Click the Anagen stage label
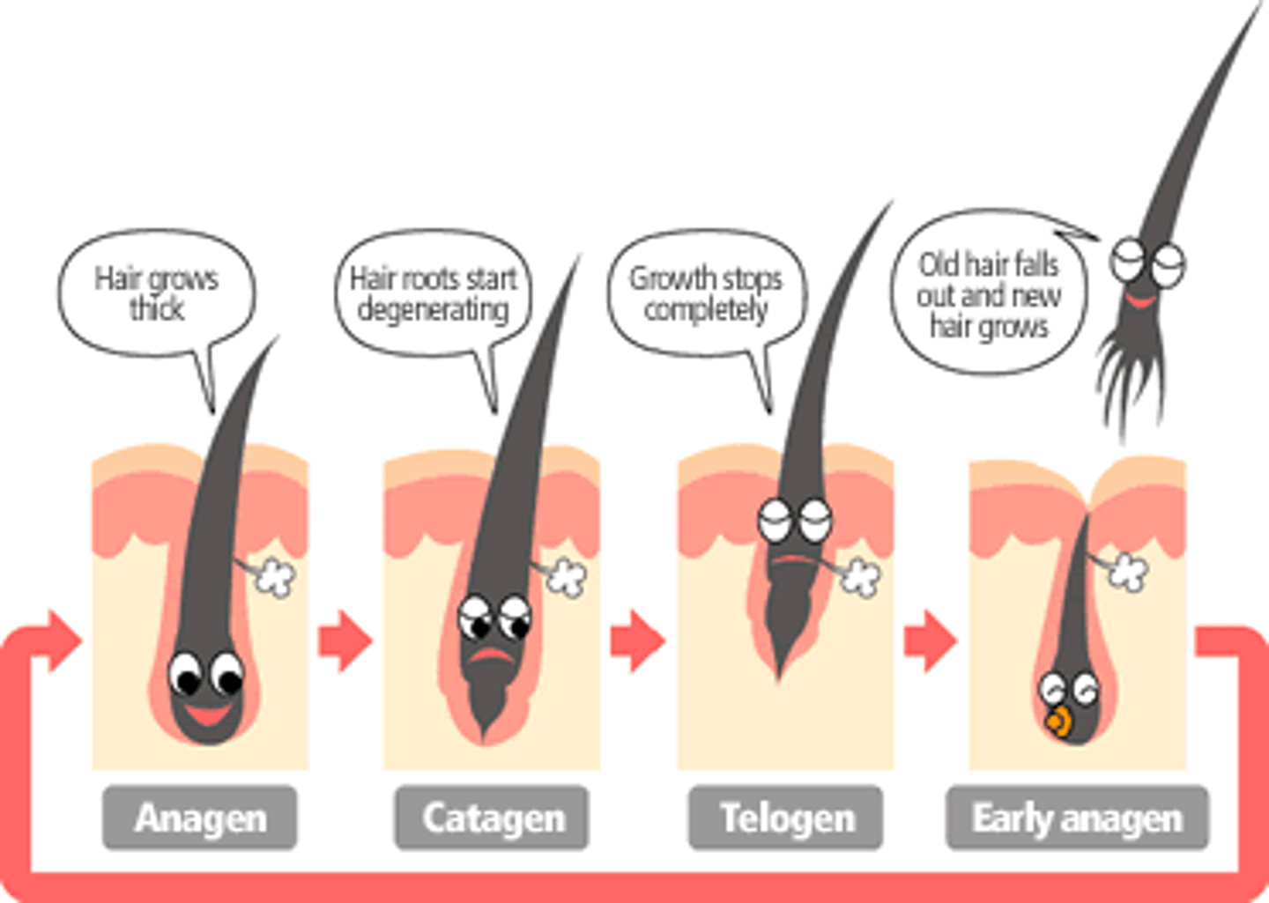click(x=200, y=818)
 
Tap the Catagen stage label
click(x=492, y=818)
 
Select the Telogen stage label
click(x=785, y=818)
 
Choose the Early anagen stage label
click(x=1077, y=818)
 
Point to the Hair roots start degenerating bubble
click(x=433, y=293)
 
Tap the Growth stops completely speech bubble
click(x=706, y=293)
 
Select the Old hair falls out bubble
click(x=988, y=293)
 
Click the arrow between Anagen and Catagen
click(x=345, y=640)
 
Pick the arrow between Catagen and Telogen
click(x=636, y=640)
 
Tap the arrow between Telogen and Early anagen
click(x=930, y=640)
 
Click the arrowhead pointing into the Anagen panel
click(x=62, y=640)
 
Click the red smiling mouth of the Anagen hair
click(x=207, y=713)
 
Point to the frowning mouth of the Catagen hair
click(x=492, y=656)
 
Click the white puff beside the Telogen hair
click(x=860, y=577)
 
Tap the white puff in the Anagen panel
click(x=276, y=577)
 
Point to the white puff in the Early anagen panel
click(x=1128, y=573)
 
